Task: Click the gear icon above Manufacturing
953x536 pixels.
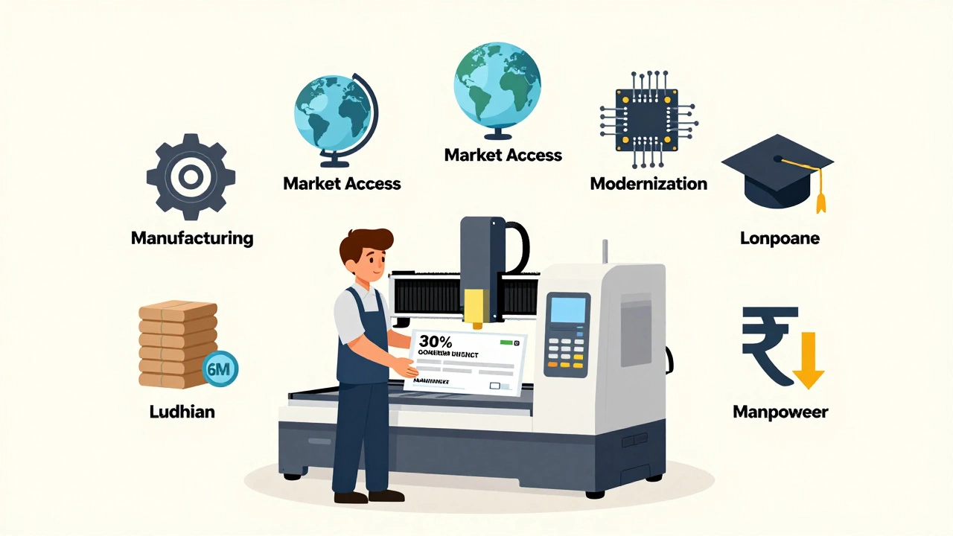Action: coord(191,177)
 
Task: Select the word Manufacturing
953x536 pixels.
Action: coord(192,238)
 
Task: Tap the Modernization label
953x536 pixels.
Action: coord(648,183)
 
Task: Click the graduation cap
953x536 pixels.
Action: coord(777,170)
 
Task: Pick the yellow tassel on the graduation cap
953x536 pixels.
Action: coord(821,198)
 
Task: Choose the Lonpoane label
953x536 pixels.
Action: coord(780,239)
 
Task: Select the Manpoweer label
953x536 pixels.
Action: coord(780,412)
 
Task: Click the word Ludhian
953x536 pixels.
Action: coord(182,411)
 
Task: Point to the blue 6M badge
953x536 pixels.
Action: coord(220,368)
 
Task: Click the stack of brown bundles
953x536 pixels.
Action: coord(174,344)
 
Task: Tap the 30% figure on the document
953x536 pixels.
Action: coord(436,343)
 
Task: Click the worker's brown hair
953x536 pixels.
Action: coord(366,245)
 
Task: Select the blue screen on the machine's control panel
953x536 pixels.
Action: coord(567,309)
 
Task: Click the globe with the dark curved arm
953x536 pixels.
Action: coord(331,119)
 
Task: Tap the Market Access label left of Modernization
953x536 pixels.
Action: coord(503,155)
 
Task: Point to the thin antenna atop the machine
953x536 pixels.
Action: coord(605,252)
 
